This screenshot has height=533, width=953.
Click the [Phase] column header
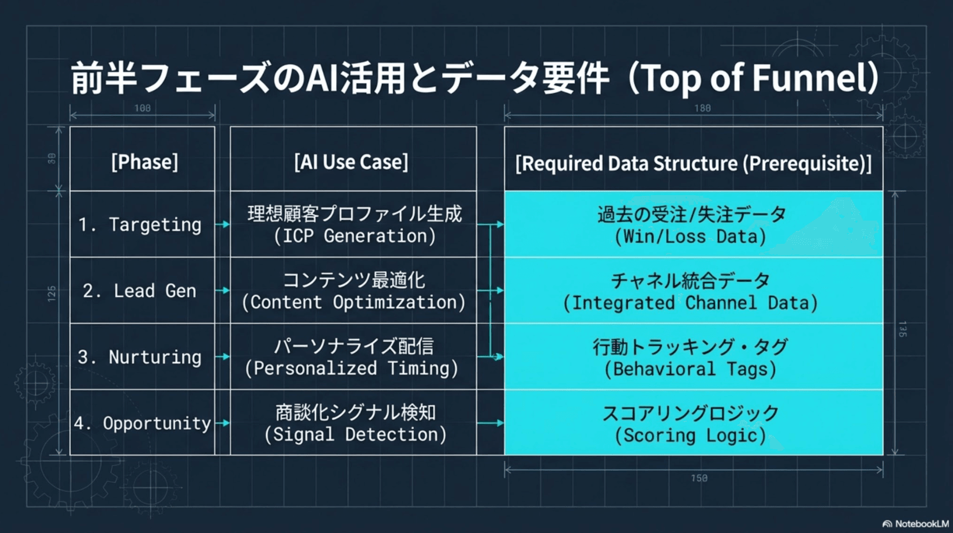[x=144, y=162]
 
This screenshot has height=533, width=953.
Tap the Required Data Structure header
[x=693, y=163]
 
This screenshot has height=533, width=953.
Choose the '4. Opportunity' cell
[x=142, y=423]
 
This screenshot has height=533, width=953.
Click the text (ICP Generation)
[x=354, y=236]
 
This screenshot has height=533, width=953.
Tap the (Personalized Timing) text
[x=352, y=369]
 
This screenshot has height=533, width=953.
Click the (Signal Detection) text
[x=355, y=435]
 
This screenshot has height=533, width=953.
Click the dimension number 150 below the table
[x=699, y=478]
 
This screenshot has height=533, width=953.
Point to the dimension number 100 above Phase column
[x=142, y=108]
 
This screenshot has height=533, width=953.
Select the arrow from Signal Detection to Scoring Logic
[x=491, y=423]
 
